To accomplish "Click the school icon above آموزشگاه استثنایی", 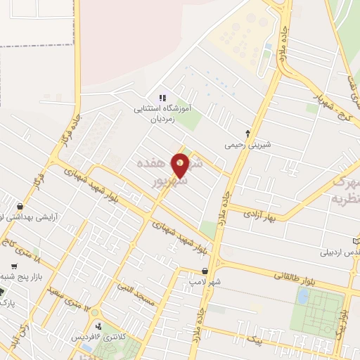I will click(162, 98).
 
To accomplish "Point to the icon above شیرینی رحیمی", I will click(247, 133).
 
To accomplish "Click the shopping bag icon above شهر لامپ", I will click(205, 271).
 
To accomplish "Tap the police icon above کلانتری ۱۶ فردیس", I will click(99, 326).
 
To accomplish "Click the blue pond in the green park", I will click(303, 297).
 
